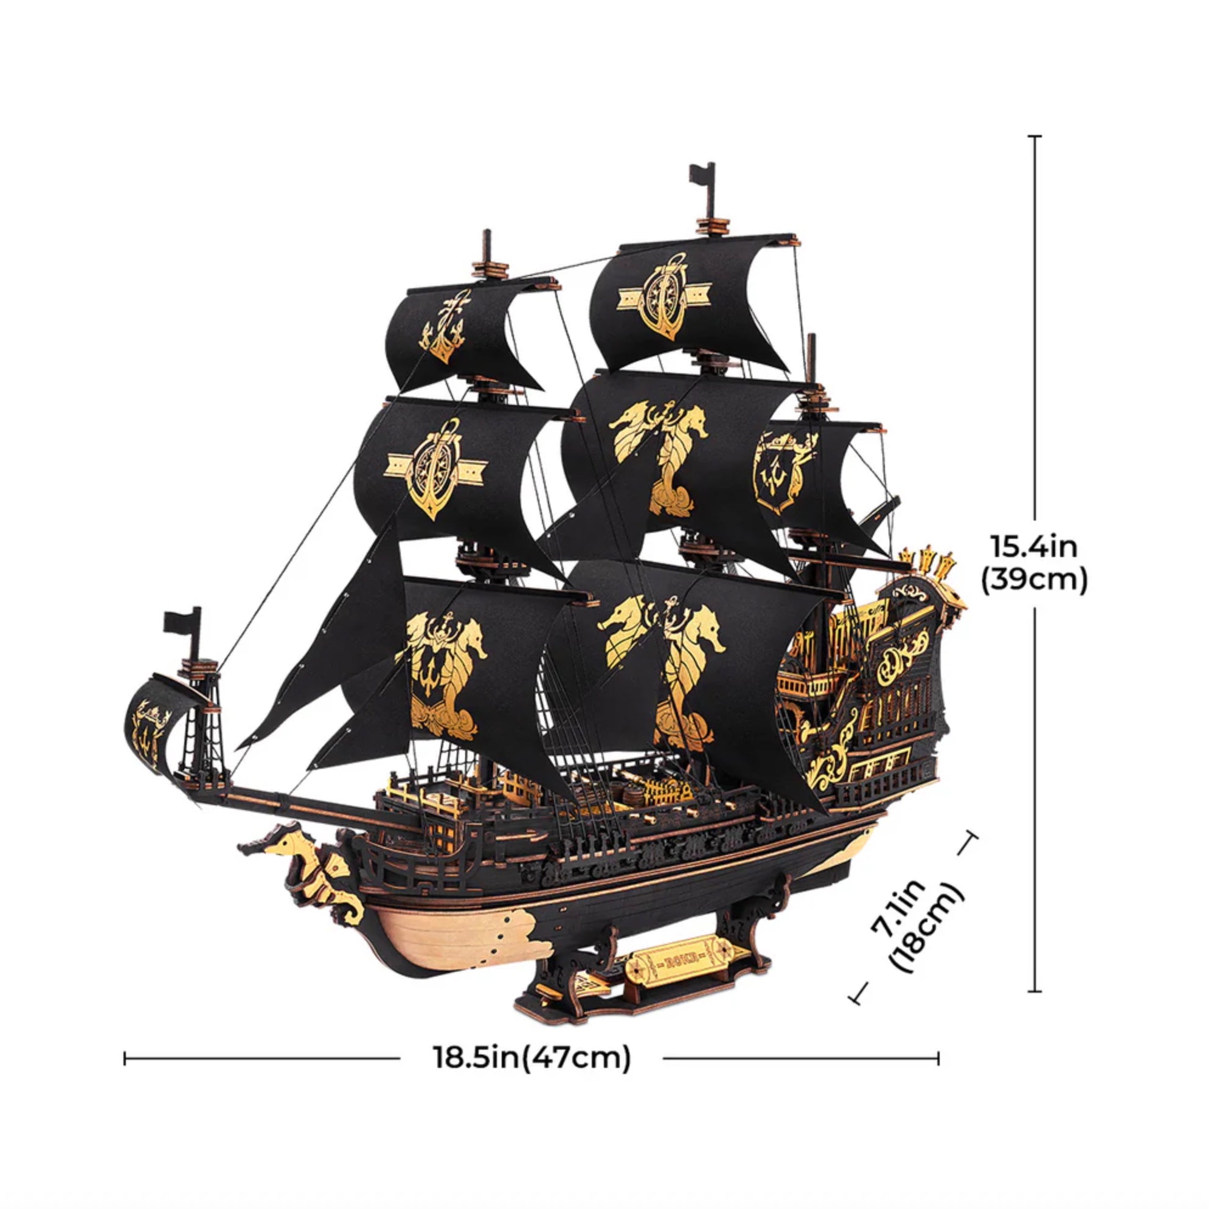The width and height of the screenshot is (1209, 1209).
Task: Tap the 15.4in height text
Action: (1033, 546)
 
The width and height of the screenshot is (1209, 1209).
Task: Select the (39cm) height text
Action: (1033, 580)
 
